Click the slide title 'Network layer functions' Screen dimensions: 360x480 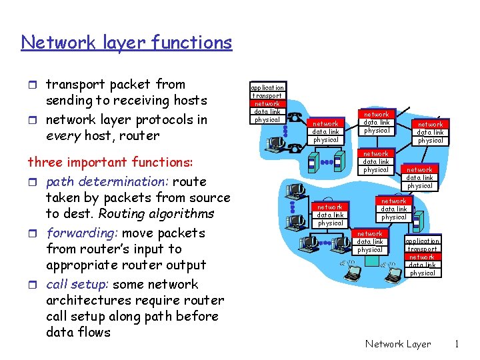click(127, 43)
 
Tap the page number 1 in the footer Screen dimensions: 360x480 click(457, 344)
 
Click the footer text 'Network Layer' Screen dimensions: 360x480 click(398, 344)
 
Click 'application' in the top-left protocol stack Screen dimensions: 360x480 click(267, 87)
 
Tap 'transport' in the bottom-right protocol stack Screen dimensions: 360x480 click(422, 249)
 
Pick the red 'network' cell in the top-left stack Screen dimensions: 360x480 click(267, 103)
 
